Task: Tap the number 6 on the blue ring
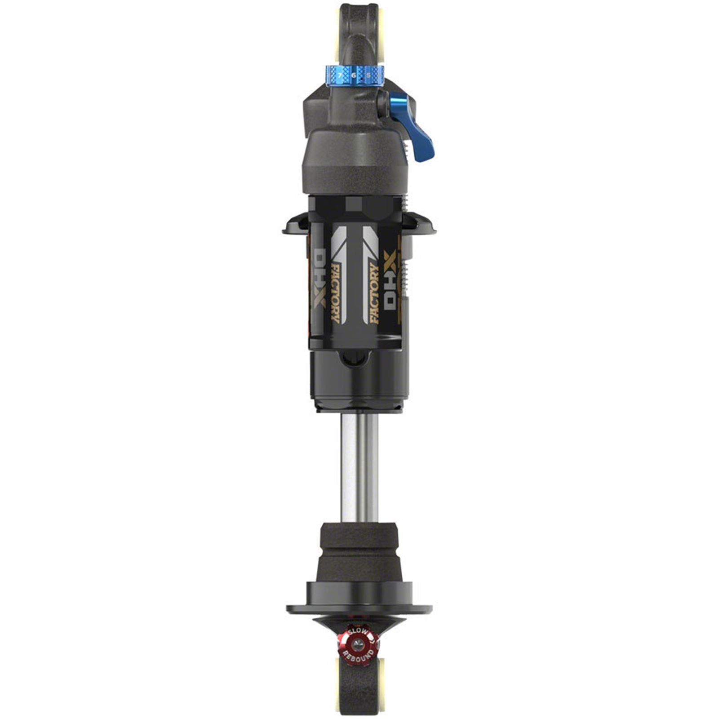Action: coord(354,75)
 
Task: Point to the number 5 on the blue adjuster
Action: coord(368,75)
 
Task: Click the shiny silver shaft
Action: coord(359,467)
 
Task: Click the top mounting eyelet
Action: coord(359,31)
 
